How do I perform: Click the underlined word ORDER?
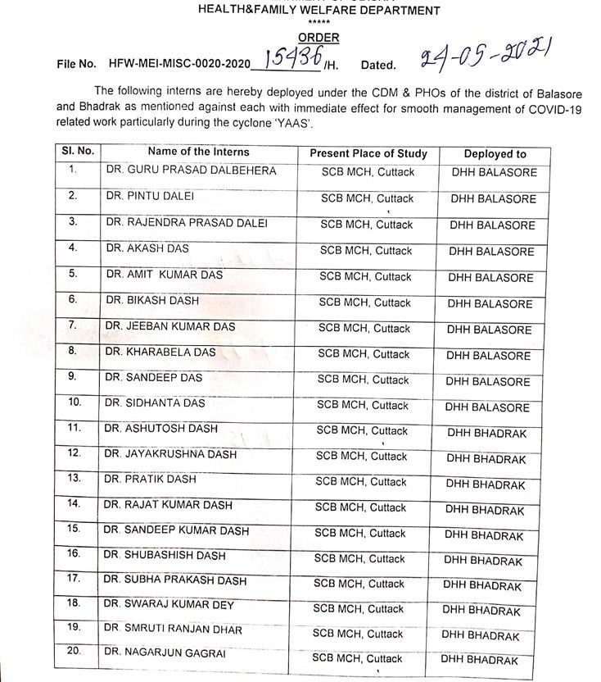(319, 38)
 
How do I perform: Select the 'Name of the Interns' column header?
(199, 152)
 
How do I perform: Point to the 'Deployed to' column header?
(495, 153)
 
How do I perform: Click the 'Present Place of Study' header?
(368, 153)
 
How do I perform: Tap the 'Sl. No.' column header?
(78, 151)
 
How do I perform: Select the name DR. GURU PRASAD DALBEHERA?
(191, 170)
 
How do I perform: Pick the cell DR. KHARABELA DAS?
(160, 352)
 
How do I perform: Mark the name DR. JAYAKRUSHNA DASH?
(170, 453)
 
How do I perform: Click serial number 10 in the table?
(75, 402)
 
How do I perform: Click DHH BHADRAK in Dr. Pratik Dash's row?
(486, 484)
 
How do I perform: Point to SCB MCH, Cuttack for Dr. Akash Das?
(366, 250)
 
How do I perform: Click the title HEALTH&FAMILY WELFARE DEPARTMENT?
(319, 11)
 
